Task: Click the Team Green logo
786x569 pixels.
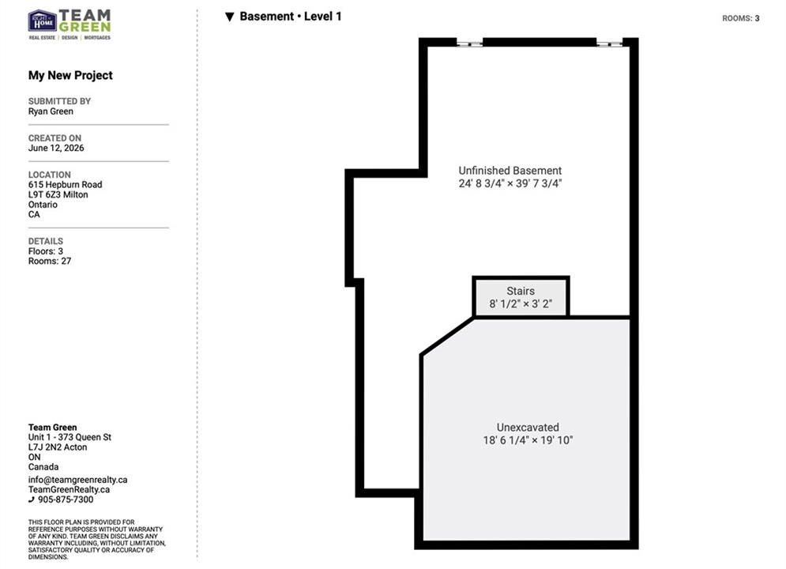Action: click(70, 24)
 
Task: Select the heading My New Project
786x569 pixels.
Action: click(70, 76)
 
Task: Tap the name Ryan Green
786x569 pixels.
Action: click(51, 111)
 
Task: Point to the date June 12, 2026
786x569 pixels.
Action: click(56, 148)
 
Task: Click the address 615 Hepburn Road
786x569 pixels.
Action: click(65, 184)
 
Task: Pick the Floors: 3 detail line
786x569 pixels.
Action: click(46, 251)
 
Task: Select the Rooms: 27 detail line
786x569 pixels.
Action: click(50, 262)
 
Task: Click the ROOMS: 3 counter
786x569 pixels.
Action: click(740, 18)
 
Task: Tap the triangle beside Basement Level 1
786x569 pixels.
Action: click(230, 17)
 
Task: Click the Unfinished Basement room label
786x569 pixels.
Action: click(510, 171)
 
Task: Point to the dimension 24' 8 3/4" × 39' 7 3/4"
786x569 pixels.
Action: click(510, 183)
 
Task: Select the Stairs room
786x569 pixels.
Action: click(521, 297)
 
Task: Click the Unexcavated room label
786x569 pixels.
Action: click(528, 427)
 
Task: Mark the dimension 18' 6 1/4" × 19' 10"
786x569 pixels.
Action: click(528, 440)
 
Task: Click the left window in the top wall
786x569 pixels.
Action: click(470, 43)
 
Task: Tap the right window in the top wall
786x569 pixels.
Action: click(610, 43)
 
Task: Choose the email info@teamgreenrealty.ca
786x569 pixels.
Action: click(77, 480)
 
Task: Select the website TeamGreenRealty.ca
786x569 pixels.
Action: click(70, 489)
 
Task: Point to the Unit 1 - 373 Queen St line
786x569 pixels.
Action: click(70, 437)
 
